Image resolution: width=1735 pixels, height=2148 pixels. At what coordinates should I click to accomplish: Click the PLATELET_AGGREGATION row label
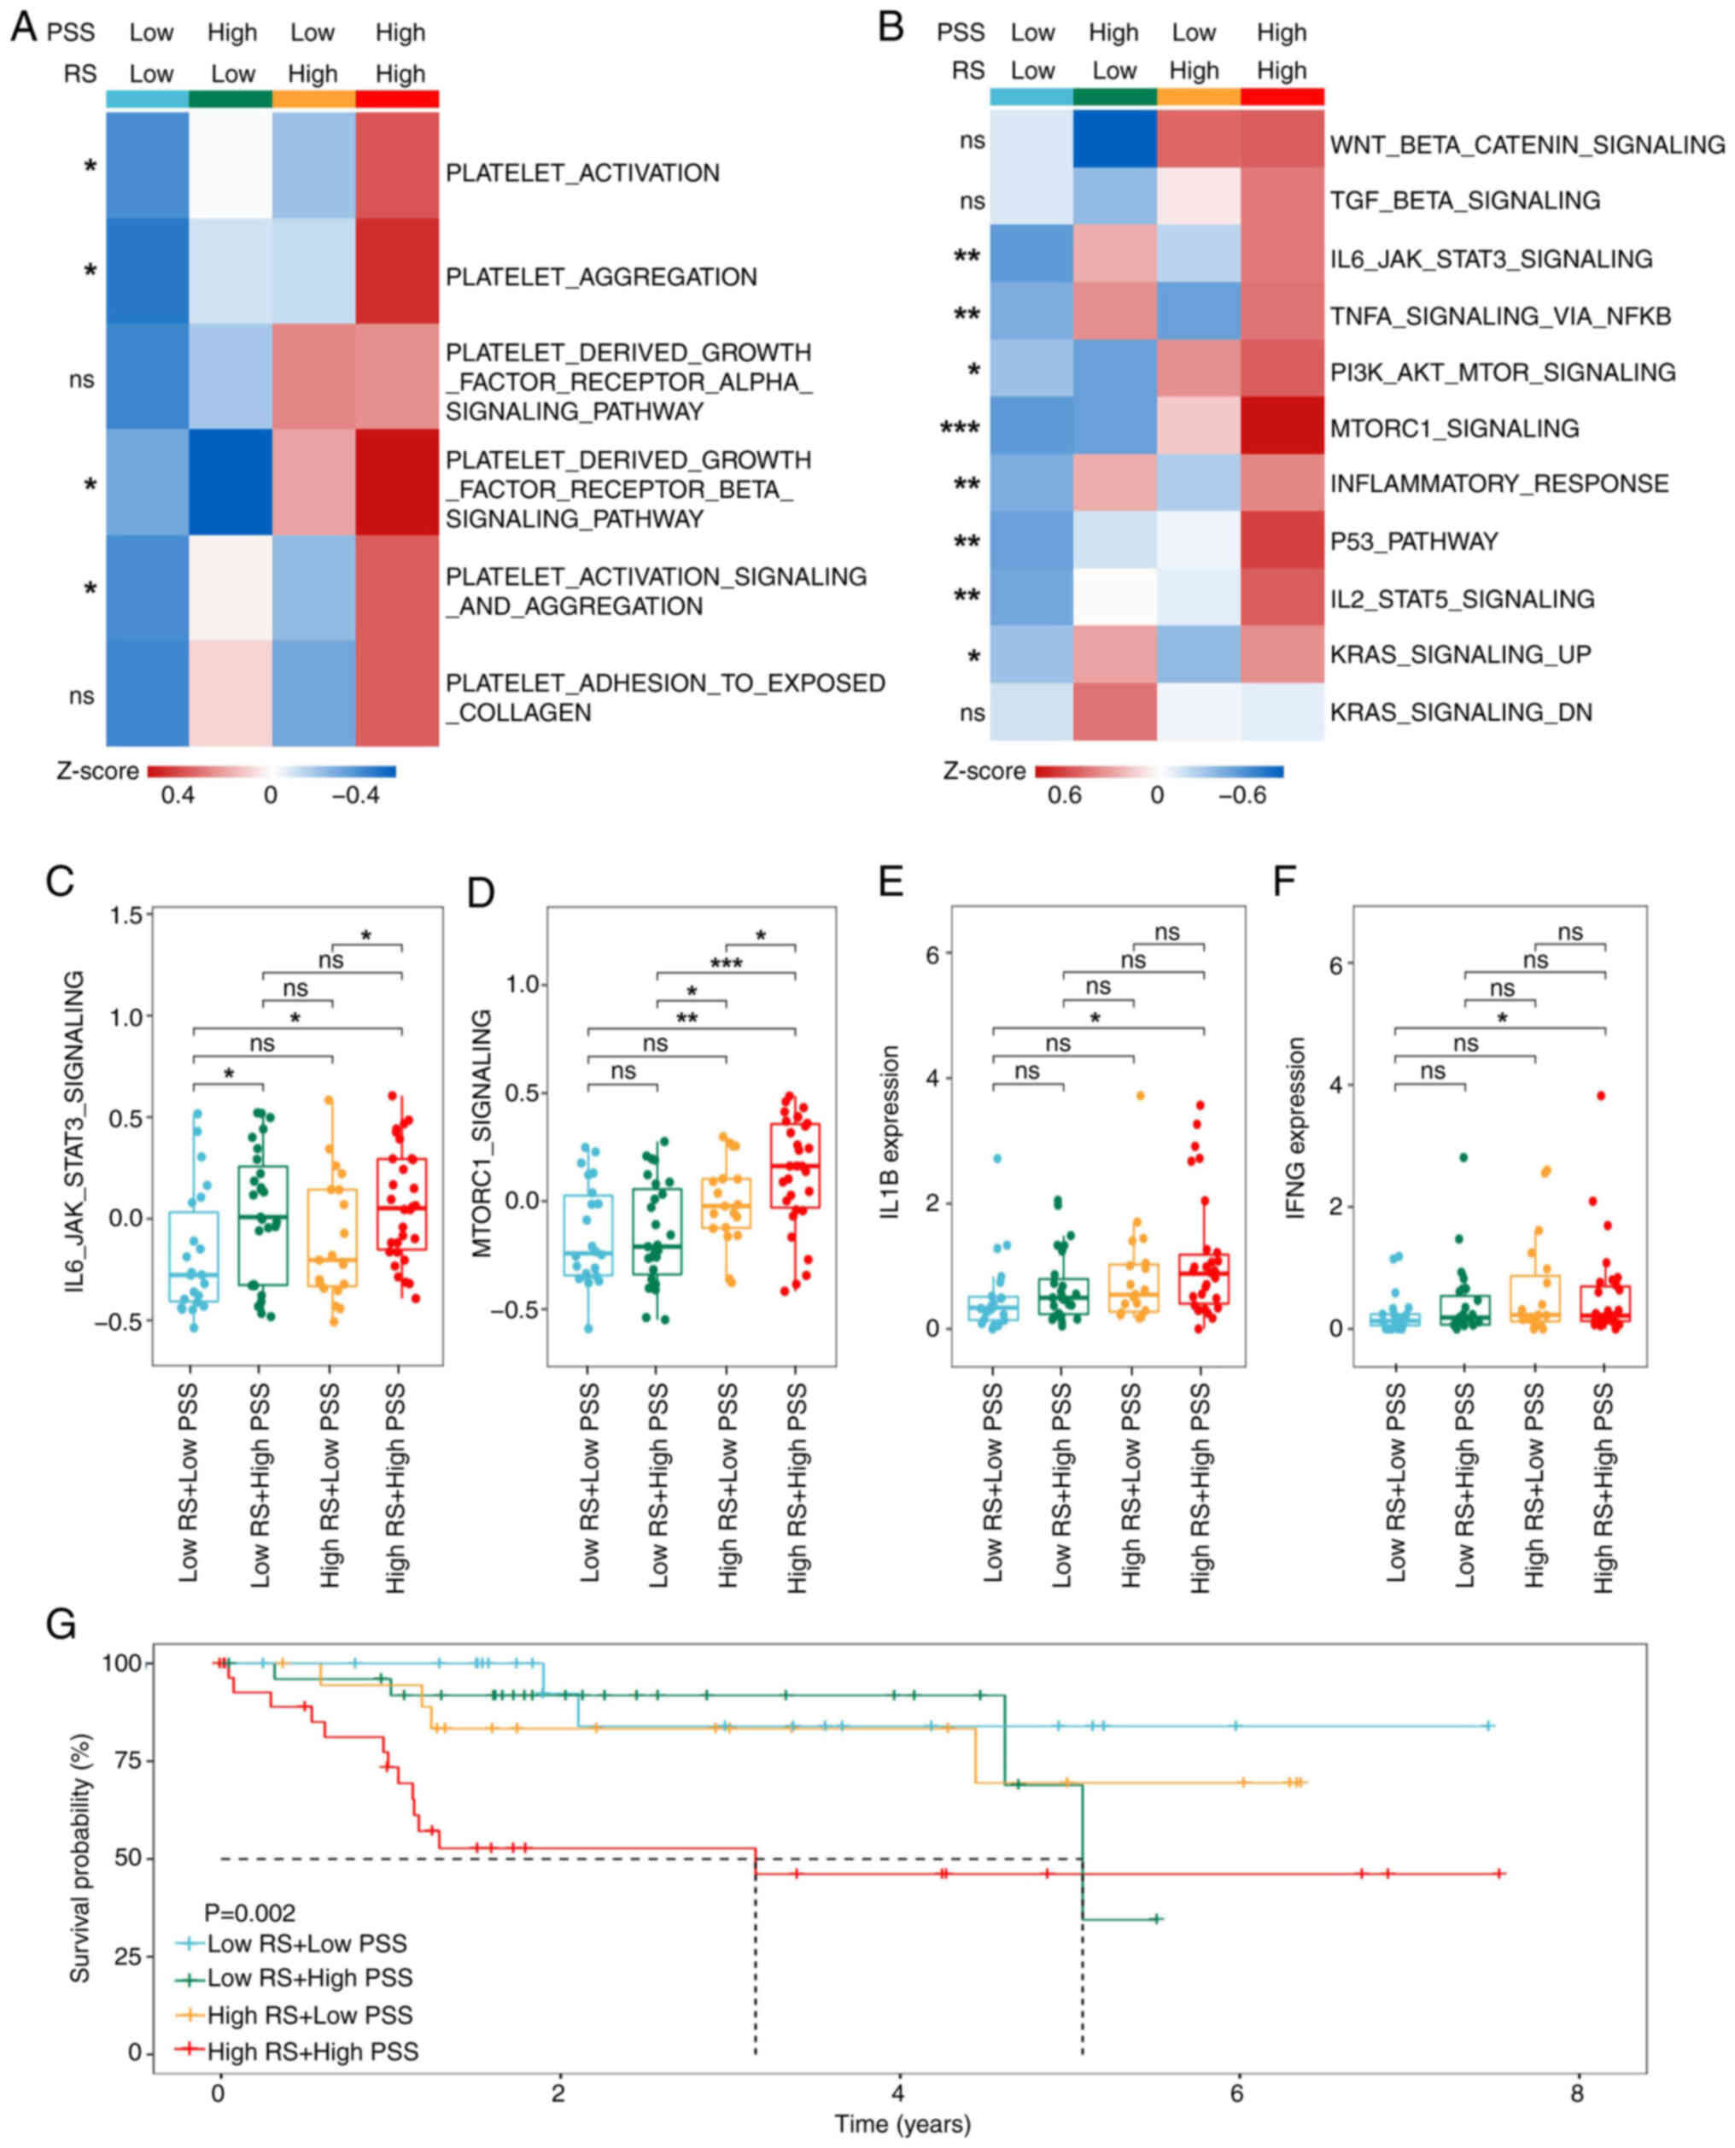[600, 277]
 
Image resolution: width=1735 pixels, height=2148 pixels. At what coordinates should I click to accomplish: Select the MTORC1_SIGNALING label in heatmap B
[1453, 429]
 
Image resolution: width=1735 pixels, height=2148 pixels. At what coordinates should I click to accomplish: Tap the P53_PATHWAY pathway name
[1413, 541]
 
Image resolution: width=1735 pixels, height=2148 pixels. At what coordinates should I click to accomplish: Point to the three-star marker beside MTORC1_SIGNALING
[960, 430]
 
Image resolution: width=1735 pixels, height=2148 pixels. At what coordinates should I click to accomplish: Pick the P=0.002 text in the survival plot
[250, 1913]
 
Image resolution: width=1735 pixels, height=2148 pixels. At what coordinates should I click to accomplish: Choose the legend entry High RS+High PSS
[312, 2051]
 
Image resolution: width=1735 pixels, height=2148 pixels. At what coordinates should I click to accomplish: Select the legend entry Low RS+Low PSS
[307, 1944]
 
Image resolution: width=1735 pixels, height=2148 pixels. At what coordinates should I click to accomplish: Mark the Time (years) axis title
[903, 2124]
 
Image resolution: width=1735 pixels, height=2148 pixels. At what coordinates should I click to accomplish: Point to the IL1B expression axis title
[891, 1132]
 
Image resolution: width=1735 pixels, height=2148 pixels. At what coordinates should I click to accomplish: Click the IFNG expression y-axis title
[1296, 1127]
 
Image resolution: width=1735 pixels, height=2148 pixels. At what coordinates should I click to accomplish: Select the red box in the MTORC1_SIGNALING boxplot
[796, 1166]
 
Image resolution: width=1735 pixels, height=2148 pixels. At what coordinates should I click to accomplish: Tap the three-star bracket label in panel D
[727, 964]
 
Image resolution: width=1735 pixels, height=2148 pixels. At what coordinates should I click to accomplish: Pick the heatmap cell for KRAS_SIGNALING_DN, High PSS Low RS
[1114, 711]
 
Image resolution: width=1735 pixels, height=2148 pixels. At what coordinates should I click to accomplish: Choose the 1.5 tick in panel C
[129, 915]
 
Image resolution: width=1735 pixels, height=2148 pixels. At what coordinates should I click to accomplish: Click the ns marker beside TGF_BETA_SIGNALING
[972, 200]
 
